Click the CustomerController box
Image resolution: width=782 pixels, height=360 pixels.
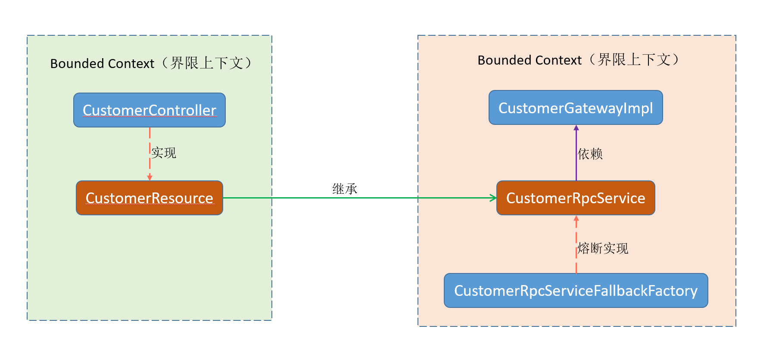(x=150, y=110)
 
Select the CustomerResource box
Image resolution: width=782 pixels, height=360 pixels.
(x=150, y=198)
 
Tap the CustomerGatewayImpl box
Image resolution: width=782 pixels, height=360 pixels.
(x=576, y=108)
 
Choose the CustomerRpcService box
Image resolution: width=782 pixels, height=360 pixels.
(x=576, y=198)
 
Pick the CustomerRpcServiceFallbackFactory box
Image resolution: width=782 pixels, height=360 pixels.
(x=576, y=291)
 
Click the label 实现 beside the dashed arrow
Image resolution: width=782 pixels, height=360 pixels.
(x=164, y=153)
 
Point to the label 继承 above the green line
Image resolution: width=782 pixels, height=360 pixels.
(x=345, y=189)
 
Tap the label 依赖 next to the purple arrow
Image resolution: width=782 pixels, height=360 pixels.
(x=590, y=154)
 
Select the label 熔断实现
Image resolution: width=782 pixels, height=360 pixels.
(x=603, y=248)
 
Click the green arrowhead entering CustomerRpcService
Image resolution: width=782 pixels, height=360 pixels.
(x=493, y=198)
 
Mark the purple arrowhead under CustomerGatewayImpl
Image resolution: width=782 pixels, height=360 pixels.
(x=576, y=127)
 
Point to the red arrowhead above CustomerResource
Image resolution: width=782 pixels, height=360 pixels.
(x=150, y=178)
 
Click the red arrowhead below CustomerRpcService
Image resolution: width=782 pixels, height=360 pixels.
(x=576, y=218)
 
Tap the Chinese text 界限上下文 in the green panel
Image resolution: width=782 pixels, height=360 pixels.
(x=207, y=63)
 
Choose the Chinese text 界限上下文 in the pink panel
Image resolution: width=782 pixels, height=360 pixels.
(x=634, y=60)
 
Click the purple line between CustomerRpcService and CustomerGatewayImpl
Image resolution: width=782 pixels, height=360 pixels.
(x=576, y=153)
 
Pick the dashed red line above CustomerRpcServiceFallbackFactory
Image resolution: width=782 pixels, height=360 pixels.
(x=576, y=245)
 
